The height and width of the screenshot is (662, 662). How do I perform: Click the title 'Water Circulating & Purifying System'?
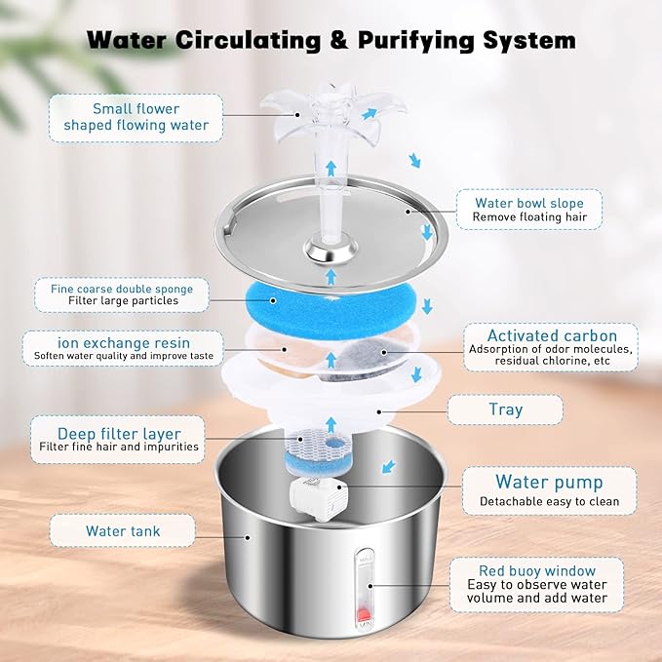click(x=331, y=40)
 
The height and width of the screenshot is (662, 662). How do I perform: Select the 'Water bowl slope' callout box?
click(x=528, y=209)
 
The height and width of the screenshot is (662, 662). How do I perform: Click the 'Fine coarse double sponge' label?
click(x=122, y=294)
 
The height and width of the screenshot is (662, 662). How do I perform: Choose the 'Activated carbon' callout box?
click(x=550, y=347)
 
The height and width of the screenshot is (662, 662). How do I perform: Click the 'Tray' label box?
click(x=505, y=409)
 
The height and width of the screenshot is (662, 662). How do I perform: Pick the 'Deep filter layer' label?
click(x=119, y=440)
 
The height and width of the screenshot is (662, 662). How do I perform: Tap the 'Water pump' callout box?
click(x=549, y=490)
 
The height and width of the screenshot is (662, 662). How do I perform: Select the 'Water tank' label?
click(x=123, y=531)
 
